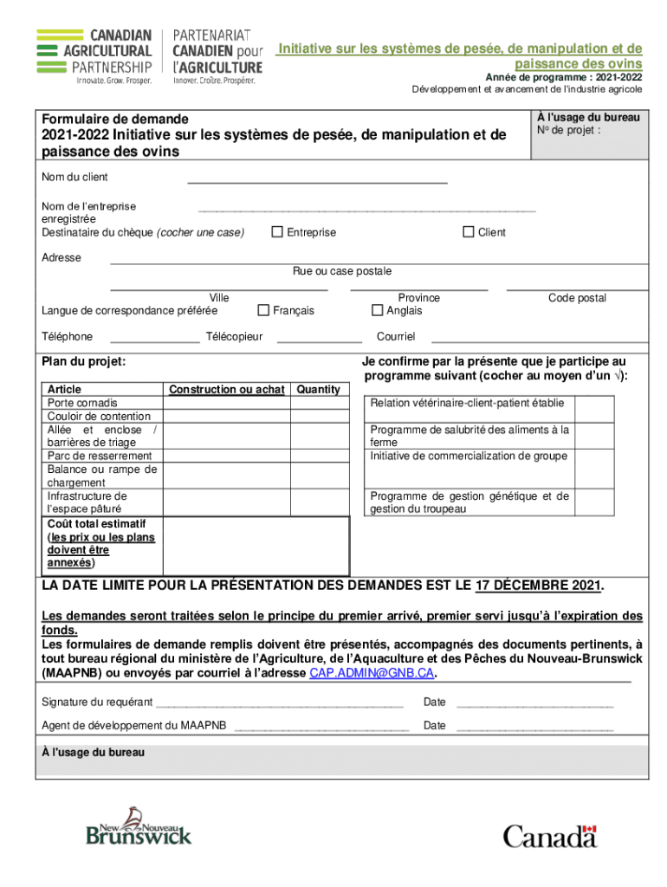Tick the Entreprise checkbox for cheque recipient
click(277, 232)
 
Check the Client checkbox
click(469, 232)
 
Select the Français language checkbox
click(263, 311)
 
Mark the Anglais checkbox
click(377, 311)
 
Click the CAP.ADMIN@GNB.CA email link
click(372, 673)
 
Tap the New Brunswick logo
click(139, 826)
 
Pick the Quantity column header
click(319, 390)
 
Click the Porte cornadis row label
click(82, 403)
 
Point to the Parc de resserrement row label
click(100, 456)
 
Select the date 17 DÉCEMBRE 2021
click(537, 586)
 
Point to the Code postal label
click(577, 298)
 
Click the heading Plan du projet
click(84, 361)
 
